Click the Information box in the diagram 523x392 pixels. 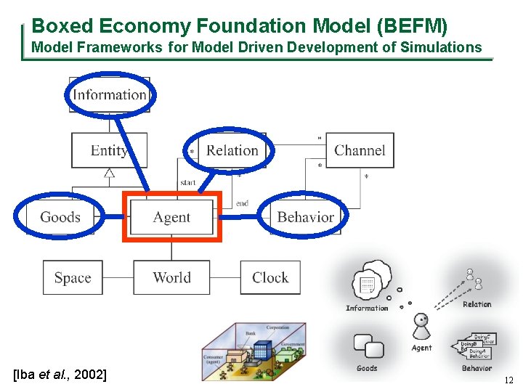coord(110,94)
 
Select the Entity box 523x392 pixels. coord(109,150)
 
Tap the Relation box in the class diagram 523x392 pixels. coord(232,150)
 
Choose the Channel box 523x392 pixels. coord(360,150)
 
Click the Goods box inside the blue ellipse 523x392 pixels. coord(60,217)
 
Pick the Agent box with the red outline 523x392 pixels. coord(172,217)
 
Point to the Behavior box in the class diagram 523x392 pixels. coord(305,217)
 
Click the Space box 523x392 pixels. coord(73,277)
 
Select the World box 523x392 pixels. coord(172,277)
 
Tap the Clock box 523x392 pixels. coord(270,277)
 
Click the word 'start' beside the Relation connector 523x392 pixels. coord(187,183)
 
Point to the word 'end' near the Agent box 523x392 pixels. coord(242,203)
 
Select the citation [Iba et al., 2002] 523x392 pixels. coord(60,375)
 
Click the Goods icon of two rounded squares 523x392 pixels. coord(368,347)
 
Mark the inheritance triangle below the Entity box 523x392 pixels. coord(109,173)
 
